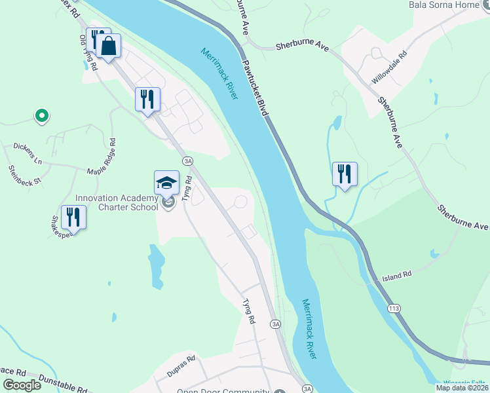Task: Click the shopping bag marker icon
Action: click(x=109, y=47)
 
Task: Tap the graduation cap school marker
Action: click(x=167, y=182)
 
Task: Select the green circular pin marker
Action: click(x=41, y=117)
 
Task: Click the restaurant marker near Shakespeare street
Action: click(x=73, y=217)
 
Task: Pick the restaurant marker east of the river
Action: click(x=345, y=174)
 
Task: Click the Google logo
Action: click(x=22, y=384)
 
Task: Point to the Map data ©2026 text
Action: click(x=461, y=388)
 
